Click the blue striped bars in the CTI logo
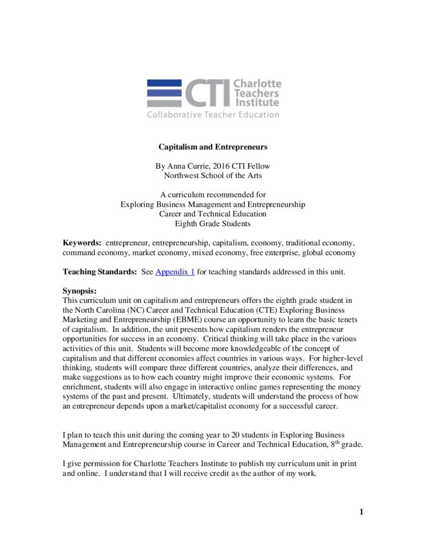coord(165,93)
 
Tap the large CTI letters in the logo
coord(207,93)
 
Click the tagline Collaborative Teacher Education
coord(213,115)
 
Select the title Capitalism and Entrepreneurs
coord(213,146)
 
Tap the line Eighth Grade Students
coord(213,223)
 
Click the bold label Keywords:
coord(82,243)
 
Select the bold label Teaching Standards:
coord(100,272)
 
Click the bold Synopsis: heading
coord(79,291)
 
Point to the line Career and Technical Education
coord(213,214)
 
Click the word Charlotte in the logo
coord(257,84)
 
